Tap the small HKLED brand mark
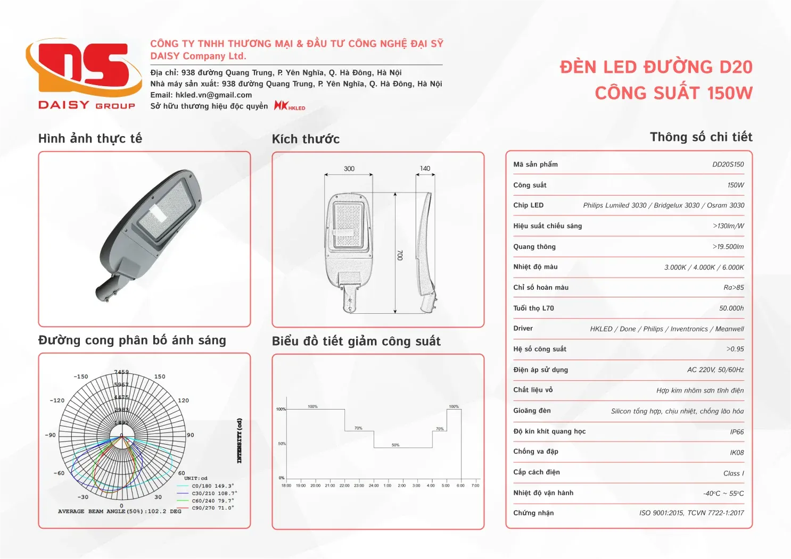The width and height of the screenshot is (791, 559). [290, 106]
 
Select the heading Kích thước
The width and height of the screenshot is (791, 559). [306, 139]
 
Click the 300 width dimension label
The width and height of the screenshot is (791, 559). [349, 169]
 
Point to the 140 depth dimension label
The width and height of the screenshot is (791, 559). [425, 169]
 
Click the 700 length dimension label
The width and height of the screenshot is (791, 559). [400, 255]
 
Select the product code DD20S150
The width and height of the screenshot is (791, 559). [728, 164]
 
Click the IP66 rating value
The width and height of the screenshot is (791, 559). [737, 432]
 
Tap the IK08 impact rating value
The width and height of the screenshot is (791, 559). [737, 453]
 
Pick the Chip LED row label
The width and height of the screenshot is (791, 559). [528, 205]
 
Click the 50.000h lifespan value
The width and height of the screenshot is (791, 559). [731, 308]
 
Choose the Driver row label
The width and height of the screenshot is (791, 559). [523, 329]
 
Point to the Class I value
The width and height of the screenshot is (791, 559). [734, 473]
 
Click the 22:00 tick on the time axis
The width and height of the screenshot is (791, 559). [344, 486]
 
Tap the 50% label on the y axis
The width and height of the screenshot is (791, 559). [282, 444]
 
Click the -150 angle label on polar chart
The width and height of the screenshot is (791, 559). [81, 377]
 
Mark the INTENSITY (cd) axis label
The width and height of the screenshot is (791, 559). [240, 440]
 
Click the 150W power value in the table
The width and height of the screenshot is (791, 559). [736, 185]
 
